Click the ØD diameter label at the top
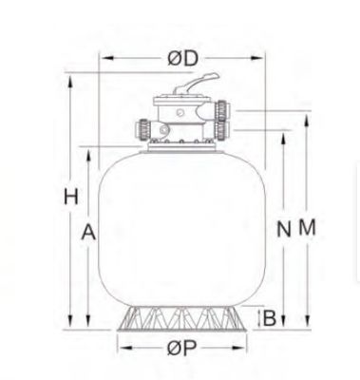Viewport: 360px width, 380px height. [x=184, y=57]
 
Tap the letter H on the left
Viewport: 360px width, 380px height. [x=68, y=198]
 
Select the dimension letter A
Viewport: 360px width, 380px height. [x=88, y=231]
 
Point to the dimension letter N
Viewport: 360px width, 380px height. [x=282, y=228]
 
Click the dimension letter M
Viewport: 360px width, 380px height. [x=305, y=228]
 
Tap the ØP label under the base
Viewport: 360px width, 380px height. [x=186, y=349]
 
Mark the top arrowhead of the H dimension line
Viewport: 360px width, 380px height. [x=69, y=75]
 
